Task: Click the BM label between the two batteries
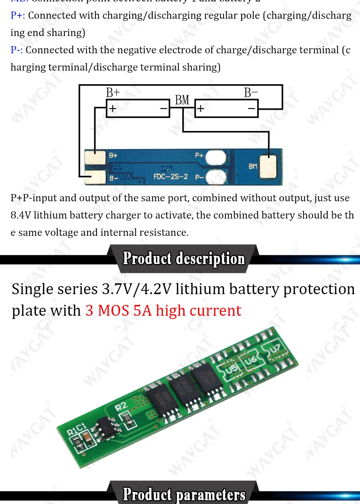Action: coord(182,100)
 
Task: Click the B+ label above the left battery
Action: coord(113,93)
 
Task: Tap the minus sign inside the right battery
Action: coord(251,108)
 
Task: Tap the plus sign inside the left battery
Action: coord(113,108)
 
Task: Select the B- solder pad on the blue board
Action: coord(96,177)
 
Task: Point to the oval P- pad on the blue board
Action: coord(215,177)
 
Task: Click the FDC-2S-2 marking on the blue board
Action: coord(171,177)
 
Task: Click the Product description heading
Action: coord(184,258)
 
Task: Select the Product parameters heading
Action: coord(184,494)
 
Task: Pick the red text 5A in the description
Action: coord(143,311)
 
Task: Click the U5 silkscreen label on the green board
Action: coord(231,369)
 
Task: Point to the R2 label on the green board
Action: coord(121,406)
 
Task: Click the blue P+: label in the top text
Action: coord(18,15)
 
